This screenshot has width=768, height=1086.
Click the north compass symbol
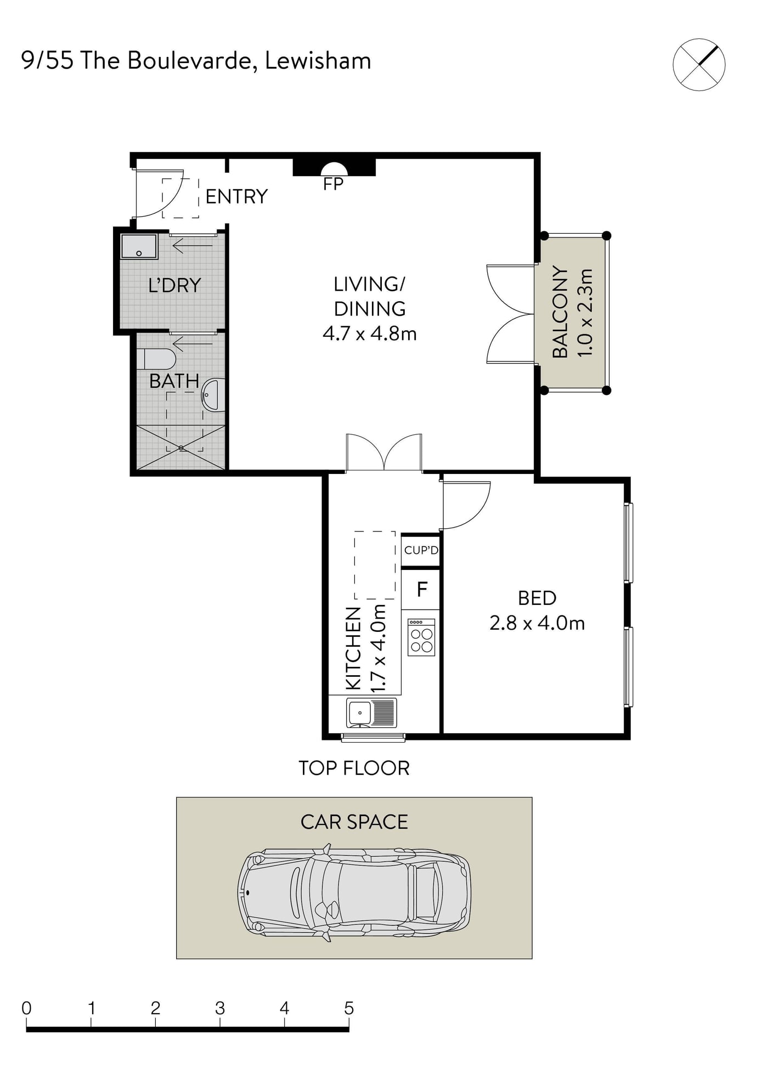pos(699,65)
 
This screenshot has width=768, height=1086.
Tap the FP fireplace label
pos(333,184)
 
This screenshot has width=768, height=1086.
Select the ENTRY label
pos(236,196)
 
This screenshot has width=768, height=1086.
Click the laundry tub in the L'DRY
pos(139,246)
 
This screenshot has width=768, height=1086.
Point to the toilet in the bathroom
pos(156,359)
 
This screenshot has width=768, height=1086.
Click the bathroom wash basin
pos(214,394)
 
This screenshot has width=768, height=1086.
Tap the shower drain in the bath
pos(181,448)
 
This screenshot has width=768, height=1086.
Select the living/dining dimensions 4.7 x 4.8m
pos(370,333)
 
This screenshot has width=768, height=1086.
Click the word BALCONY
pos(560,312)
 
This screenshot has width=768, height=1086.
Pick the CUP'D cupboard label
pos(421,550)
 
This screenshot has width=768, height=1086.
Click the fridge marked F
pos(421,590)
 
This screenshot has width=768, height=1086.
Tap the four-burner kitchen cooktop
pos(421,637)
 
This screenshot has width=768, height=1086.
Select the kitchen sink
pos(371,712)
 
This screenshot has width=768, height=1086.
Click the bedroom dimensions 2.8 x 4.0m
pos(537,623)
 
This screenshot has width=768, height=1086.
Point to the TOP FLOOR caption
pos(354,768)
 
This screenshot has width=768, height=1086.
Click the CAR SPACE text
pos(354,822)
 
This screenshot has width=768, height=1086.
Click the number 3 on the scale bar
pos(220,1008)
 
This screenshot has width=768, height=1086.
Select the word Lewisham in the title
pos(318,60)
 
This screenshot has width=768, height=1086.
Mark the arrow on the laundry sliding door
pos(193,245)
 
